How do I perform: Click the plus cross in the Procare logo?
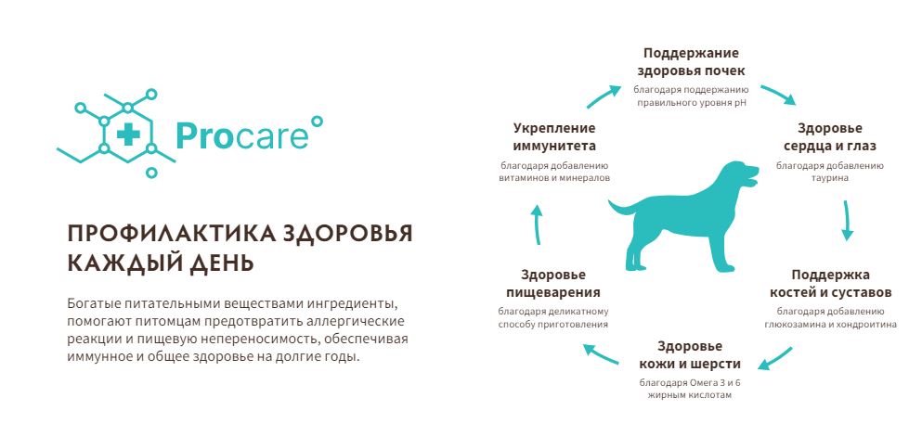tap(128, 135)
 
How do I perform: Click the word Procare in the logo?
tap(241, 135)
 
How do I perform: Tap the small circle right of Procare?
tap(317, 122)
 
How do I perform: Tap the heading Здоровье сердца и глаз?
tap(829, 136)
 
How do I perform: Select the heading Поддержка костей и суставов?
tap(830, 283)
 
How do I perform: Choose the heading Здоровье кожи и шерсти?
tap(690, 355)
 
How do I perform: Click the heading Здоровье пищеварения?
tap(552, 284)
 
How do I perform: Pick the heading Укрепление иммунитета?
tap(554, 136)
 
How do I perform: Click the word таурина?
tap(829, 177)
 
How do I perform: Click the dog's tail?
tap(623, 208)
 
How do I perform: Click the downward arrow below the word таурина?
tap(847, 221)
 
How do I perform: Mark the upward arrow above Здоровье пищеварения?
tap(537, 224)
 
